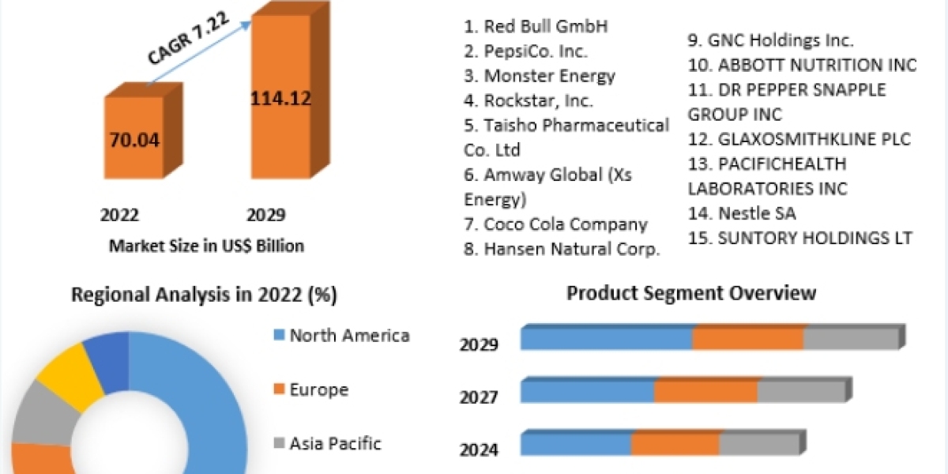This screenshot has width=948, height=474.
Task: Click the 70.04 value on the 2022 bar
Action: [135, 141]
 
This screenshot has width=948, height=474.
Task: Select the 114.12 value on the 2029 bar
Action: [280, 99]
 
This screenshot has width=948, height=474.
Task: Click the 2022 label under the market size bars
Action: [119, 215]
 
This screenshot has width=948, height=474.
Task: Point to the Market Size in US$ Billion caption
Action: [206, 246]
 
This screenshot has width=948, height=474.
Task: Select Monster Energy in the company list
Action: [540, 76]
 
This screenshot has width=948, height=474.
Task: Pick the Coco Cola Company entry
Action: [555, 224]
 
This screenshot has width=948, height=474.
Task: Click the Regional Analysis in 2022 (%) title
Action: [205, 295]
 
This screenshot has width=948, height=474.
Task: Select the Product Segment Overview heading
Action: [691, 293]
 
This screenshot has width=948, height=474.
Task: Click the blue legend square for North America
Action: [278, 336]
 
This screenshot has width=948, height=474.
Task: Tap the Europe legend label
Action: [319, 389]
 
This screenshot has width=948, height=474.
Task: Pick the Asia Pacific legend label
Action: [335, 443]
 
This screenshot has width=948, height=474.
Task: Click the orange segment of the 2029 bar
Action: [747, 338]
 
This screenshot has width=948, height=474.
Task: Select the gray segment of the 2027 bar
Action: [801, 390]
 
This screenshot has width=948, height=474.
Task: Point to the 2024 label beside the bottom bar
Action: [479, 450]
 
